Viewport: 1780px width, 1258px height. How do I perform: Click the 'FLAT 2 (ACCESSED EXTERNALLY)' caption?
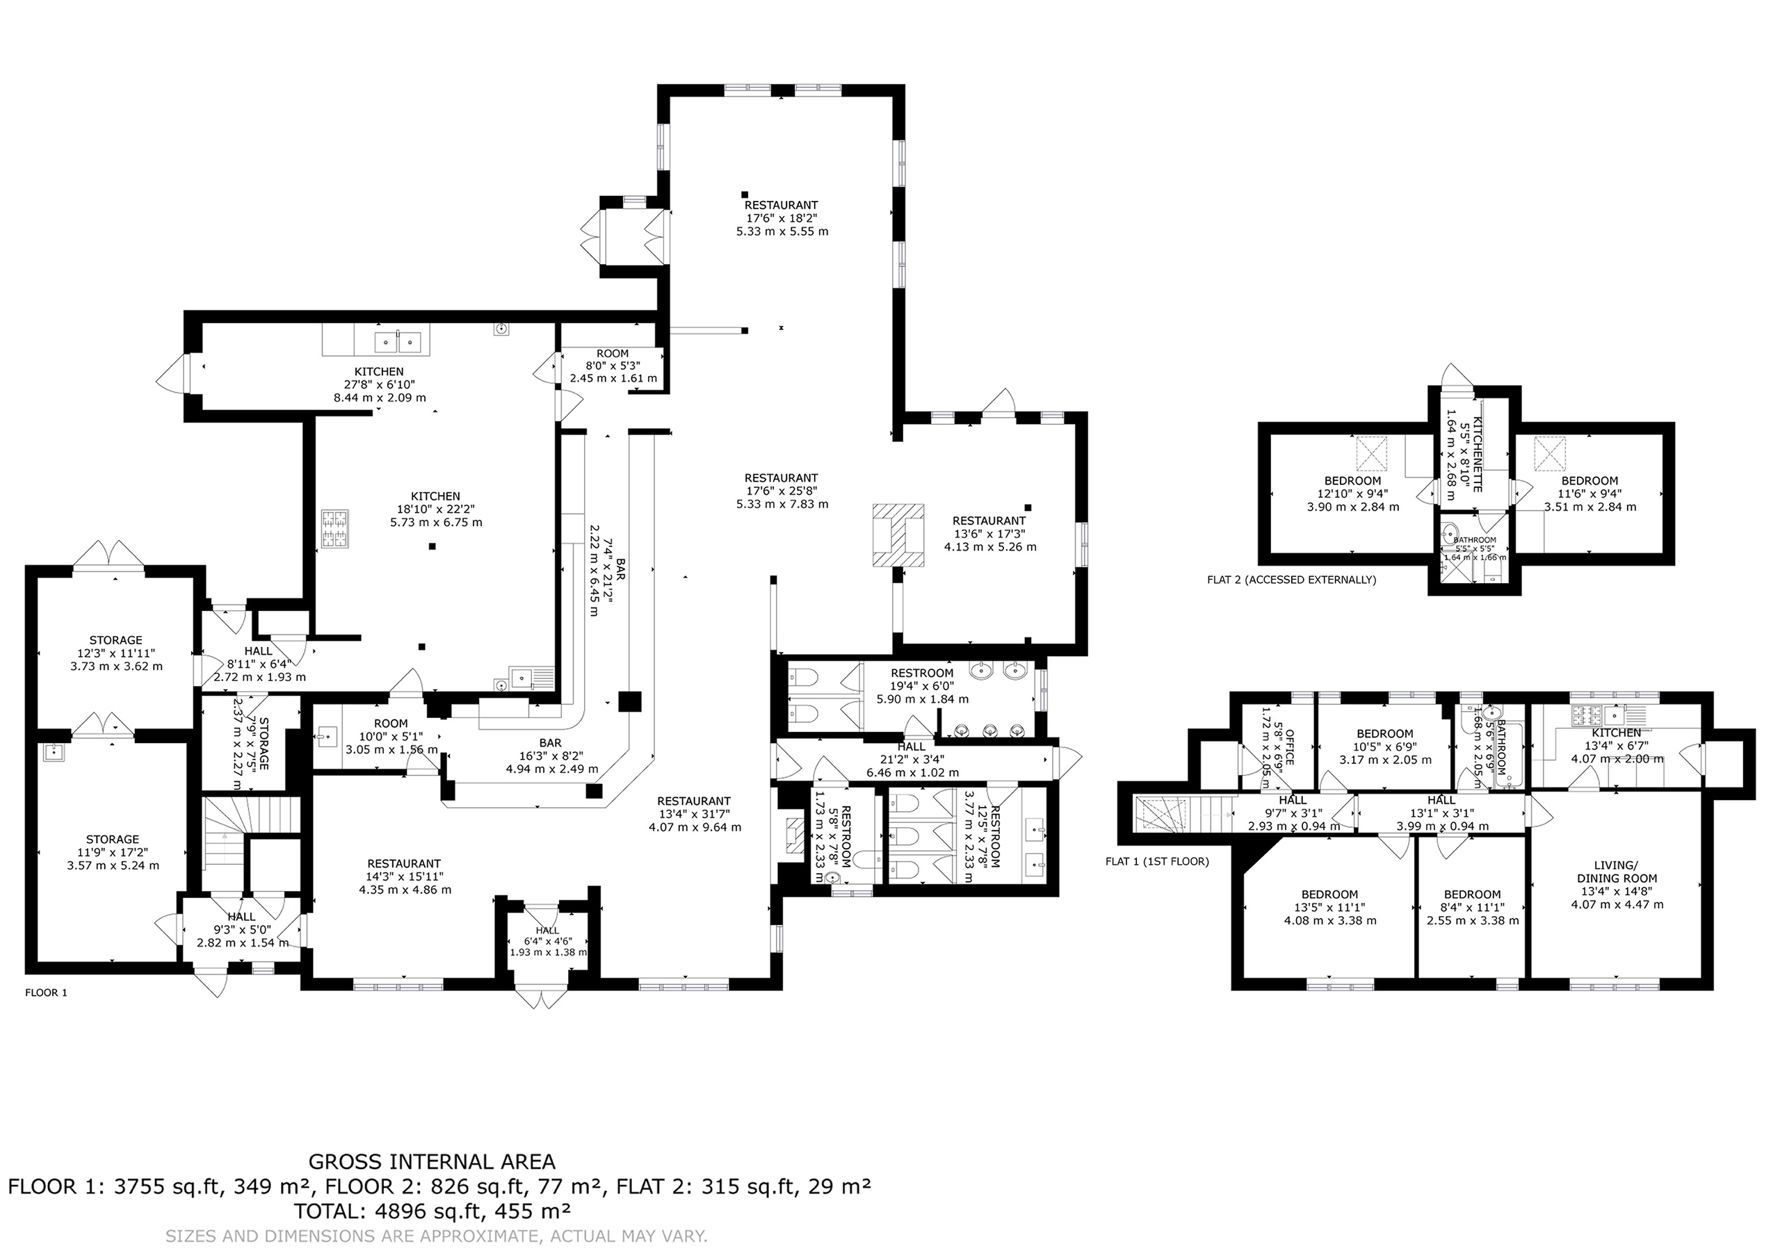pos(1292,579)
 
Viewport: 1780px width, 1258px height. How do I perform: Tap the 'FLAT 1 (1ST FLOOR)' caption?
pos(1157,861)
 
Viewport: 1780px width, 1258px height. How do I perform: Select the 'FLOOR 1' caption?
pos(47,992)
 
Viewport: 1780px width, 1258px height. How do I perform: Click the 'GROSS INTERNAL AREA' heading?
pos(432,1162)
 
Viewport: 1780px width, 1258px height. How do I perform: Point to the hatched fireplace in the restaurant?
pos(898,535)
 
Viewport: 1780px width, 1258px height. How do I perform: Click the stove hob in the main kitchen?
pos(335,530)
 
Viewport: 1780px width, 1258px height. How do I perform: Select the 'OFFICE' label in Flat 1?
pos(1290,746)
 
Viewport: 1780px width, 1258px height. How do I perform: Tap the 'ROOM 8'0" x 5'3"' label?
pos(613,366)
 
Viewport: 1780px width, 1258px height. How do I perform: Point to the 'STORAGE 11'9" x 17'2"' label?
pos(113,852)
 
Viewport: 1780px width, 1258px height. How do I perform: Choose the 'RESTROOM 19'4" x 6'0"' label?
pos(922,686)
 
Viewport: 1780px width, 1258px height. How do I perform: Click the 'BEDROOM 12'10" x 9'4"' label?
pos(1352,493)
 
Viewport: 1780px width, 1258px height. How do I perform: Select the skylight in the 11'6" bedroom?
pos(1551,452)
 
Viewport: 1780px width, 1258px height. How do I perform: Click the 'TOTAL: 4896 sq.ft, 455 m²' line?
pos(432,1211)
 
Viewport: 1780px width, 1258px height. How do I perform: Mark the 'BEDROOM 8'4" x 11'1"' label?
pos(1472,908)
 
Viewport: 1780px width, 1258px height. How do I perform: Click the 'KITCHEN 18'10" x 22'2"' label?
pos(435,509)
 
